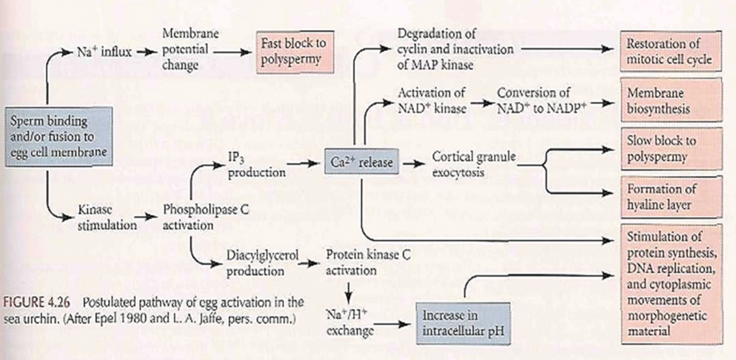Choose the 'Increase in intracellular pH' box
tap(462, 323)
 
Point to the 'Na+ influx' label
tap(103, 52)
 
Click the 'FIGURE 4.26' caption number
tap(40, 302)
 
